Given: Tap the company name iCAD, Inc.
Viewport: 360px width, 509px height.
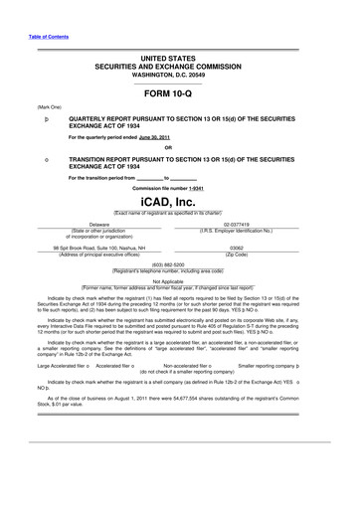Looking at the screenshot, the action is coord(180,201).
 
